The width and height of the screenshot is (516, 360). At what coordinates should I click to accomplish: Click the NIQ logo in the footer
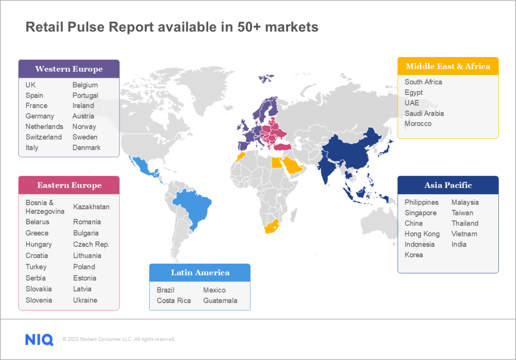tap(39, 339)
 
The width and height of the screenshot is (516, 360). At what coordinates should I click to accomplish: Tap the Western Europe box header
tap(69, 69)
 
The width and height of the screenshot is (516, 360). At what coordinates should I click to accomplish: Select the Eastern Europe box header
tap(69, 185)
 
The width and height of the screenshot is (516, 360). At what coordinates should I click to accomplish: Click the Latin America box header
tap(200, 273)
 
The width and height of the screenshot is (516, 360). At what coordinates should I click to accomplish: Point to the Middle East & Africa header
tap(448, 66)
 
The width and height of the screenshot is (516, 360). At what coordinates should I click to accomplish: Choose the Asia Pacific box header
tap(448, 185)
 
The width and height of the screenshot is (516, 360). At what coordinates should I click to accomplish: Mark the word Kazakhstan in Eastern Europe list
tap(91, 207)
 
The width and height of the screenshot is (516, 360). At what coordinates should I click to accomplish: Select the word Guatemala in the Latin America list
tap(220, 301)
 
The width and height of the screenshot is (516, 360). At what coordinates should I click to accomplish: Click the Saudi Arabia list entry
tap(424, 113)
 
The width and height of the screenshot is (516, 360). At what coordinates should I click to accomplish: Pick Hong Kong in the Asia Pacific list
tap(422, 234)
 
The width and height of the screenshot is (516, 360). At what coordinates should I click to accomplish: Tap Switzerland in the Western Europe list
tap(43, 137)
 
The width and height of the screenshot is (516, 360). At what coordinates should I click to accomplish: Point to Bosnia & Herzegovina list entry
tap(45, 207)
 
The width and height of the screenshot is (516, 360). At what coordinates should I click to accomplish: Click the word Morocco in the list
tap(418, 124)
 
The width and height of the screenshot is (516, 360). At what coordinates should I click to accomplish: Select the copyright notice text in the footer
tap(119, 339)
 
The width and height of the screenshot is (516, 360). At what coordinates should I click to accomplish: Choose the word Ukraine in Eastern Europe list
tap(85, 300)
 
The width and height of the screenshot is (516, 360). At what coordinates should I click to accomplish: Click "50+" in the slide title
tap(249, 27)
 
